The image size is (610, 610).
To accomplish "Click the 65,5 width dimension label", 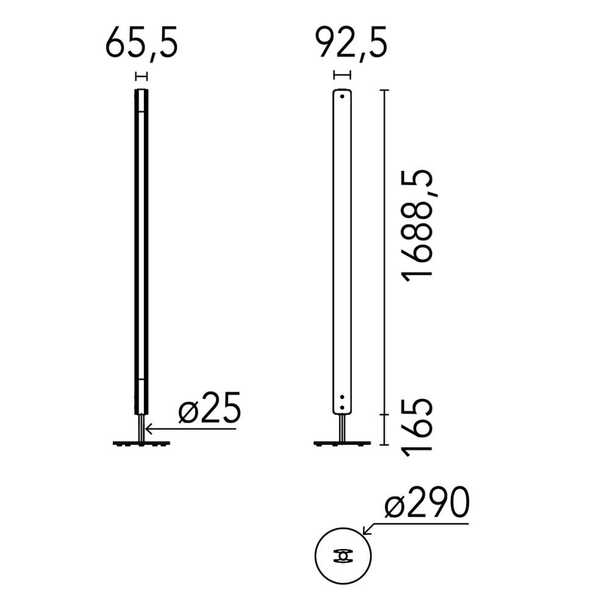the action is click(x=142, y=43).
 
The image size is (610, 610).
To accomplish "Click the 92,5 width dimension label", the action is click(x=351, y=43).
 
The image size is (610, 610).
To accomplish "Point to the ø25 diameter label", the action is click(x=210, y=407).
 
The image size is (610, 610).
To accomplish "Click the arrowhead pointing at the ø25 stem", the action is click(x=148, y=429).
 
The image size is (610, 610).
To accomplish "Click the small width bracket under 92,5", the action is click(x=342, y=74).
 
